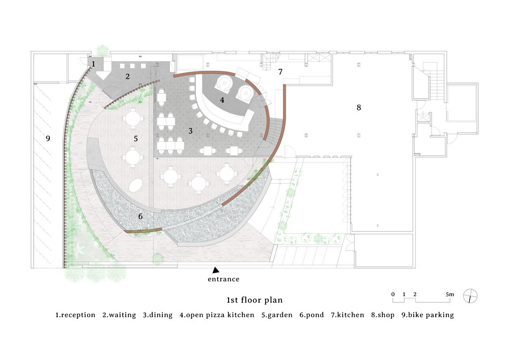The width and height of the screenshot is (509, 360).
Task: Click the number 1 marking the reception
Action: coord(94,64)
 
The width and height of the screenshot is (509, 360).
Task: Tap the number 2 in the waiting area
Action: coord(128,76)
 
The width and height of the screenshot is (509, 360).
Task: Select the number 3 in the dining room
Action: coord(190,131)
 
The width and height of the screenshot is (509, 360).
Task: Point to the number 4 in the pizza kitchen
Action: coord(222,100)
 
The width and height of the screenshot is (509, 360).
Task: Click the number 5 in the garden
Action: coord(136,139)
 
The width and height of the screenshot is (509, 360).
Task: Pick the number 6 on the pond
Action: coord(140,216)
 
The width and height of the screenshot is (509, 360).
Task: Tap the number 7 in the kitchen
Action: coord(280,72)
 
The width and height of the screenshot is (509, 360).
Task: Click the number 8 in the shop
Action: coord(359,107)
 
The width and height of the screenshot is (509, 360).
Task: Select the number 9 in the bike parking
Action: coord(48,139)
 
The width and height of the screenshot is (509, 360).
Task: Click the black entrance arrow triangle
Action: coord(216,270)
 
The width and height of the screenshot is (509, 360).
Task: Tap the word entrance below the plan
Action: coord(223,279)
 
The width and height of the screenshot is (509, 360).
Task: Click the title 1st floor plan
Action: coord(254,300)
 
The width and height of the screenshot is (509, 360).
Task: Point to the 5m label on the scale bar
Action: coord(450,294)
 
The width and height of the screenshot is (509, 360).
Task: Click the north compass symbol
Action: coord(470,296)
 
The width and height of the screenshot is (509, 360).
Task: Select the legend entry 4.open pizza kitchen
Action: coord(217,315)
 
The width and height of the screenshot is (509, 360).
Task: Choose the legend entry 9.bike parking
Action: coord(428,315)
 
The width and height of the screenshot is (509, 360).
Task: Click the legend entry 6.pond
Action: coord(312,315)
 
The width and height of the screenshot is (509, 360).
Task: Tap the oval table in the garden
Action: coord(136,185)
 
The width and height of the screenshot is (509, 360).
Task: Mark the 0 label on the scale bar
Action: coord(393,294)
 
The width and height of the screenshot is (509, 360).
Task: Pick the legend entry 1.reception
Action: coord(75,315)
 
